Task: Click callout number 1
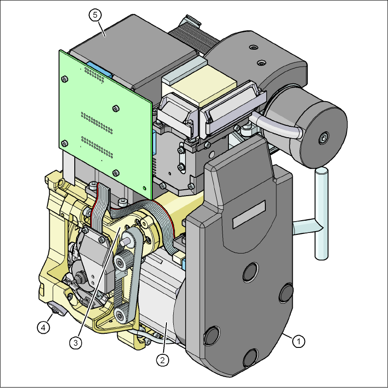299,341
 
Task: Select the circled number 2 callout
162,360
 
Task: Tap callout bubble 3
76,343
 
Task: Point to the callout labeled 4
43,328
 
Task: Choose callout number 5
95,15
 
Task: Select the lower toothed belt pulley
122,314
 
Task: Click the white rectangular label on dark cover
249,214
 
